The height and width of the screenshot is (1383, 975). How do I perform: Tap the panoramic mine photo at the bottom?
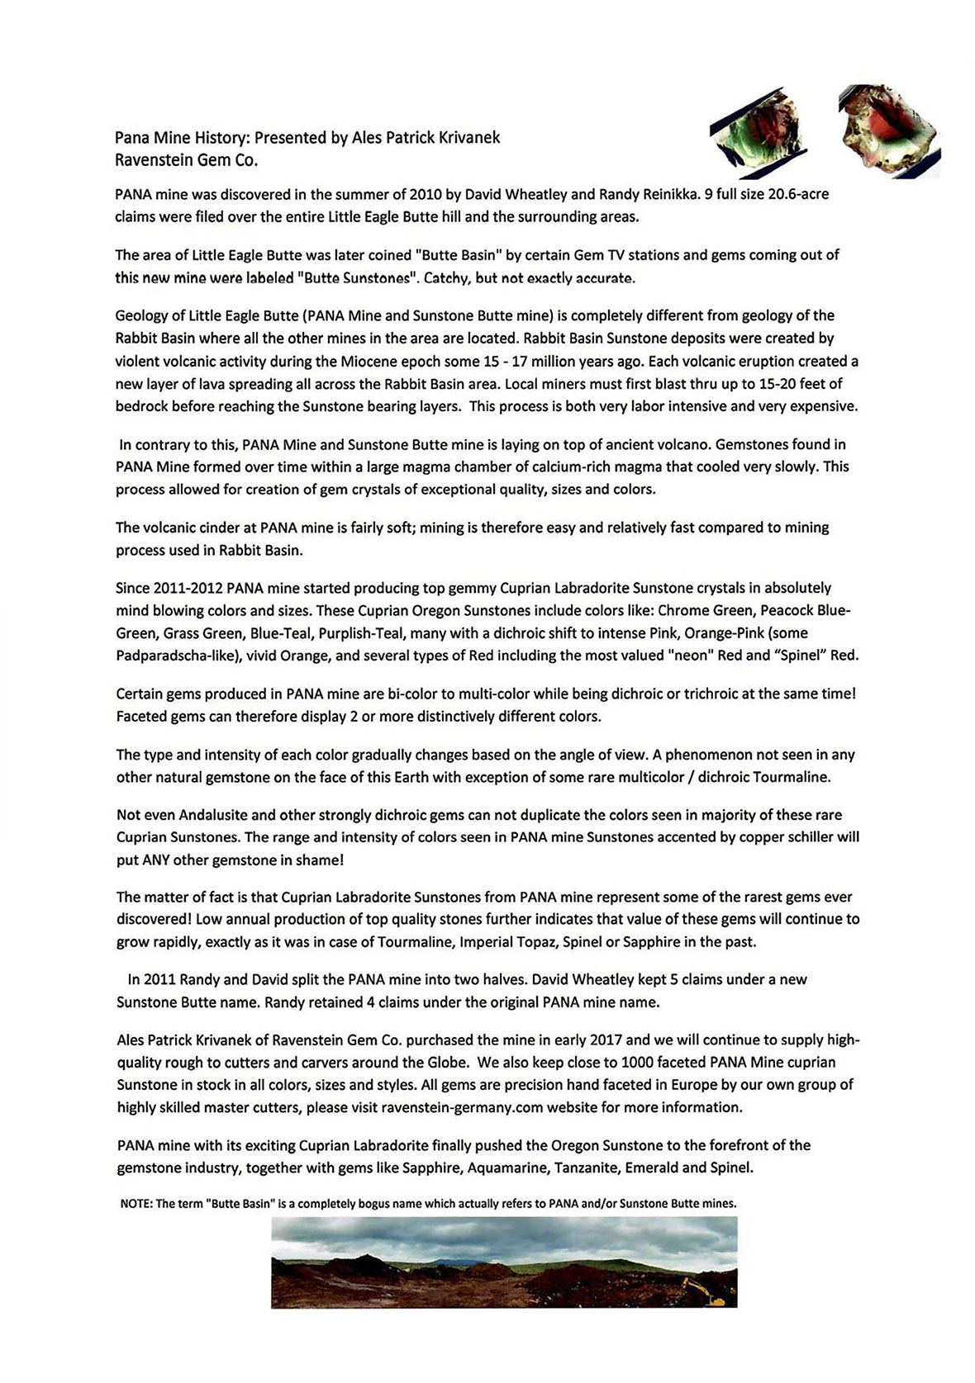click(503, 1262)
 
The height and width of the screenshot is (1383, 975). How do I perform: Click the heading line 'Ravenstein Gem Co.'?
click(187, 160)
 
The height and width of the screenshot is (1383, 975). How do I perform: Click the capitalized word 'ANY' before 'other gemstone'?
click(159, 860)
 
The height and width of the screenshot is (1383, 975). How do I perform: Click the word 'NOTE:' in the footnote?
click(136, 1204)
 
